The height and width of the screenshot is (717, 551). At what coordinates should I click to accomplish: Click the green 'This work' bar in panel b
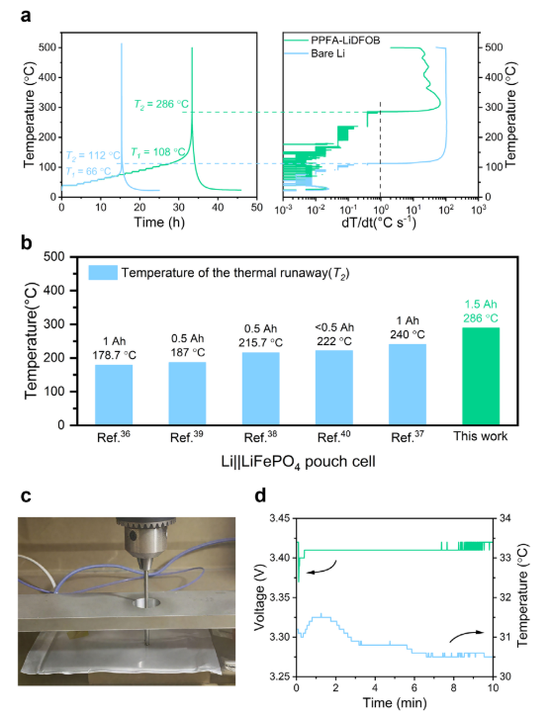point(481,376)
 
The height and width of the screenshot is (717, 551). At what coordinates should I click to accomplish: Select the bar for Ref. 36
point(114,395)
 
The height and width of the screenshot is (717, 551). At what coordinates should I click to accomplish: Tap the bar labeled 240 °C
point(408,384)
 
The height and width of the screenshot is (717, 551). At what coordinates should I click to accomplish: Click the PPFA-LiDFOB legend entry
point(332,41)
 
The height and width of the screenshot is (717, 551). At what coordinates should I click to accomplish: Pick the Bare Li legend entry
point(315,53)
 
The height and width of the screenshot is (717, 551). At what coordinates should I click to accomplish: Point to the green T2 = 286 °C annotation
point(161,104)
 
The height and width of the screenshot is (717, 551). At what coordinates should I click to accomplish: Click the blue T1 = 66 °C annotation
point(88,171)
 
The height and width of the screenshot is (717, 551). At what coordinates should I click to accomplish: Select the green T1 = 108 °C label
point(158,152)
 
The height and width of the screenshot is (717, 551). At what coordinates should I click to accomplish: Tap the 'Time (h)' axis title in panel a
point(159,223)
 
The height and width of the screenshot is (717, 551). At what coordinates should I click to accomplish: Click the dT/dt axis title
point(379,223)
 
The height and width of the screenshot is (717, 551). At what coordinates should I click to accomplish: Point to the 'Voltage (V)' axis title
point(260,597)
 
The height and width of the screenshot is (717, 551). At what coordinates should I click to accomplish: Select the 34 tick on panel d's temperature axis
point(505,518)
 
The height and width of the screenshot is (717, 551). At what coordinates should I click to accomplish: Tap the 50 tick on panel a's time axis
point(256,208)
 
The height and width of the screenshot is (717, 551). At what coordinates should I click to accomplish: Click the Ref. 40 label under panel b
point(333,437)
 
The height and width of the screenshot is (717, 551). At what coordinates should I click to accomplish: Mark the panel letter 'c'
point(26,496)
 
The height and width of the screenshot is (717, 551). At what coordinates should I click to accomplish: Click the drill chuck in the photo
point(145,539)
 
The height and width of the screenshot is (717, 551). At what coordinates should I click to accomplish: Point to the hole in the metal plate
point(147,603)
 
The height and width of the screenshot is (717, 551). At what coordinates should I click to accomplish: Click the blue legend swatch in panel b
point(103,273)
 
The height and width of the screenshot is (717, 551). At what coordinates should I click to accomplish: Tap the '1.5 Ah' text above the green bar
point(481,305)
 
